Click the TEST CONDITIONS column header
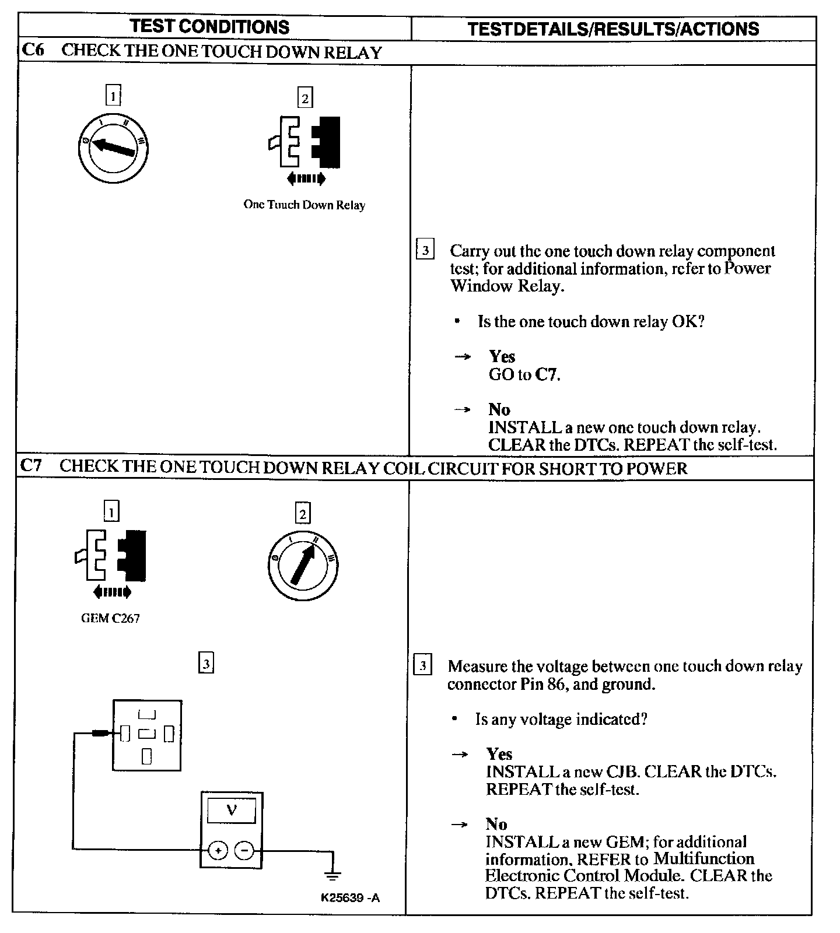pyautogui.click(x=209, y=27)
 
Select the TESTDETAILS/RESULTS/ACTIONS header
pyautogui.click(x=613, y=29)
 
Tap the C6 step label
pyautogui.click(x=32, y=50)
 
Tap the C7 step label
pyautogui.click(x=31, y=466)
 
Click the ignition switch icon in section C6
pyautogui.click(x=113, y=149)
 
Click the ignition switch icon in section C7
pyautogui.click(x=302, y=565)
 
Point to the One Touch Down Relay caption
pyautogui.click(x=304, y=205)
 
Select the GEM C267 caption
pyautogui.click(x=110, y=619)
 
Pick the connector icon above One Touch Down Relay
pyautogui.click(x=304, y=143)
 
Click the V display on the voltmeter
pyautogui.click(x=231, y=811)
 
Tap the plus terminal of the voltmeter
pyautogui.click(x=218, y=851)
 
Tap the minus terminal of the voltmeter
pyautogui.click(x=244, y=851)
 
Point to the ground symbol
pyautogui.click(x=332, y=875)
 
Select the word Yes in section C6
pyautogui.click(x=502, y=356)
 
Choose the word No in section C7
pyautogui.click(x=496, y=824)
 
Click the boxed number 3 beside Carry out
pyautogui.click(x=425, y=251)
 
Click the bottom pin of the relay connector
pyautogui.click(x=146, y=756)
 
